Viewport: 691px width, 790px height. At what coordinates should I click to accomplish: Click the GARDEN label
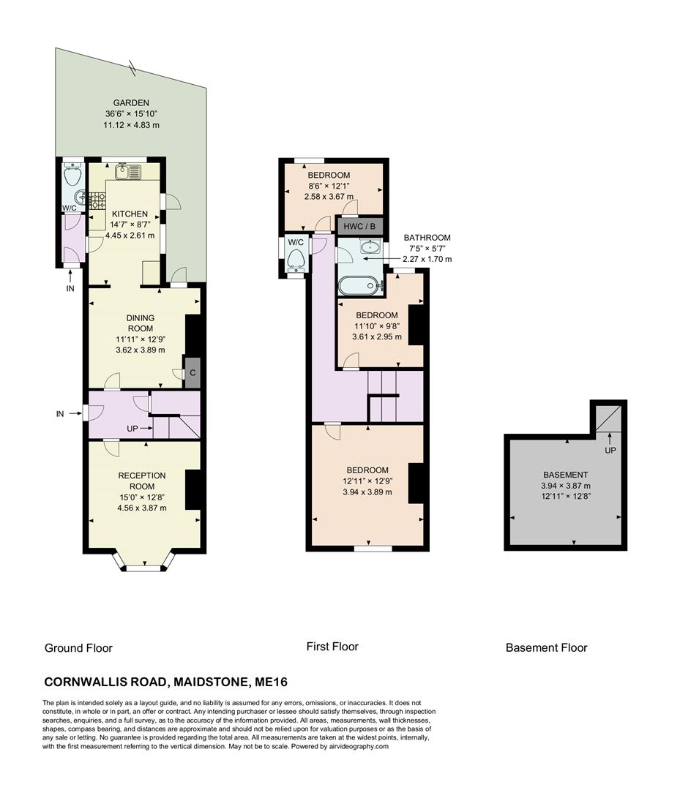click(x=131, y=103)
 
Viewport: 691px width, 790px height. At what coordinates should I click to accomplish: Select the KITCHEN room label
click(x=130, y=214)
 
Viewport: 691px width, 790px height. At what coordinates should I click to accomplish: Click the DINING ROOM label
click(x=140, y=323)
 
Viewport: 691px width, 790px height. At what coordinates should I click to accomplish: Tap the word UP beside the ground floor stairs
click(x=132, y=427)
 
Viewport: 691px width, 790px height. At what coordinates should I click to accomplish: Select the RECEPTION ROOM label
click(x=142, y=481)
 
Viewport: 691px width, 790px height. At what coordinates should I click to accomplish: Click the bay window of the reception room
click(x=143, y=565)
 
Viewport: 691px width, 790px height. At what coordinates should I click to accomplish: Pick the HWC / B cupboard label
click(x=359, y=227)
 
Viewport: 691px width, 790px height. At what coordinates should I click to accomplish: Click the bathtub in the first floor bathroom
click(x=359, y=286)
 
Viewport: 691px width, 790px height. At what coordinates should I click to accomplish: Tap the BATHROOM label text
click(x=427, y=238)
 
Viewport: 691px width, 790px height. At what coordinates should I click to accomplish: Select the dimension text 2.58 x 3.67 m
click(x=329, y=197)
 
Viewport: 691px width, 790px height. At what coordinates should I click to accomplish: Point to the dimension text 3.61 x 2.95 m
click(x=376, y=336)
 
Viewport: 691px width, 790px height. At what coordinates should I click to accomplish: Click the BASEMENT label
click(x=565, y=474)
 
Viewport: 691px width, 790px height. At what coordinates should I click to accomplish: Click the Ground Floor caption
click(x=78, y=647)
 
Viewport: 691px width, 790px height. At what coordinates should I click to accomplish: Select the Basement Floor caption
click(x=546, y=647)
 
